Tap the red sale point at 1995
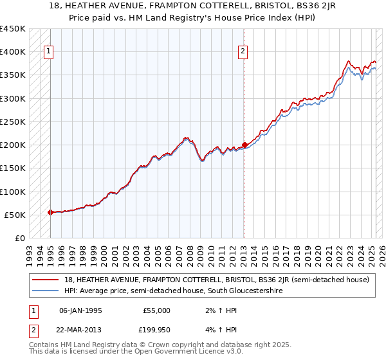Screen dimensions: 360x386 (50, 212)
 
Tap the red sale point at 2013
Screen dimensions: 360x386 (244, 145)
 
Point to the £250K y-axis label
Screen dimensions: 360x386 (13, 122)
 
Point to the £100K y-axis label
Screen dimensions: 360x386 (13, 192)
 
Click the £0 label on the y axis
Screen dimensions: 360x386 (19, 238)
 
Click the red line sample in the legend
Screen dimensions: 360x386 (45, 280)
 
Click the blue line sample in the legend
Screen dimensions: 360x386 (45, 291)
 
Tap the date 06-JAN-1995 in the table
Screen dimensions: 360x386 (80, 310)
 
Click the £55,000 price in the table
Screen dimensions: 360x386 (156, 310)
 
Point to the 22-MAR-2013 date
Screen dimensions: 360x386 (80, 329)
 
